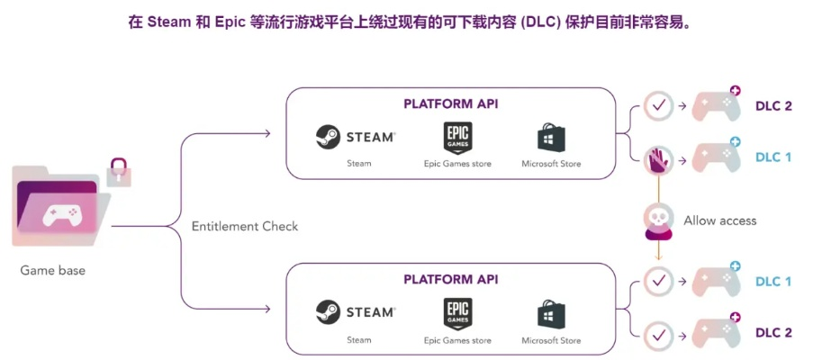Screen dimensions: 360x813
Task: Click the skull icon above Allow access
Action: point(659,219)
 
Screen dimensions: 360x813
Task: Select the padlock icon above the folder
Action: point(119,171)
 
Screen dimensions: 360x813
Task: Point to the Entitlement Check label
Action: point(244,226)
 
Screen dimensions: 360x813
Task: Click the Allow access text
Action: point(719,220)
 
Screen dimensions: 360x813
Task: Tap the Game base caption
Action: point(52,270)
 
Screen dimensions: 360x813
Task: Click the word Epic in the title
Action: point(231,22)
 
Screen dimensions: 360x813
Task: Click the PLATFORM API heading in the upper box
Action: point(451,103)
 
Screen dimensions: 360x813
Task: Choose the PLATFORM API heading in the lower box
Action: point(451,280)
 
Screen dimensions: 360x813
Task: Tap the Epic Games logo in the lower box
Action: point(457,313)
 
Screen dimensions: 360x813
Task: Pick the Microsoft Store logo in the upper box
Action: point(551,138)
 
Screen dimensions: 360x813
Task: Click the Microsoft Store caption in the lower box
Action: point(551,340)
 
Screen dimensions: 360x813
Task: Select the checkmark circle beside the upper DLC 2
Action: point(659,106)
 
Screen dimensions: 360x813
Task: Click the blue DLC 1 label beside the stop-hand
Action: point(772,157)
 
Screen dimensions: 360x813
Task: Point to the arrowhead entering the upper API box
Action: point(266,134)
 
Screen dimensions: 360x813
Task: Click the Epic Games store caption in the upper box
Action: point(457,164)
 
